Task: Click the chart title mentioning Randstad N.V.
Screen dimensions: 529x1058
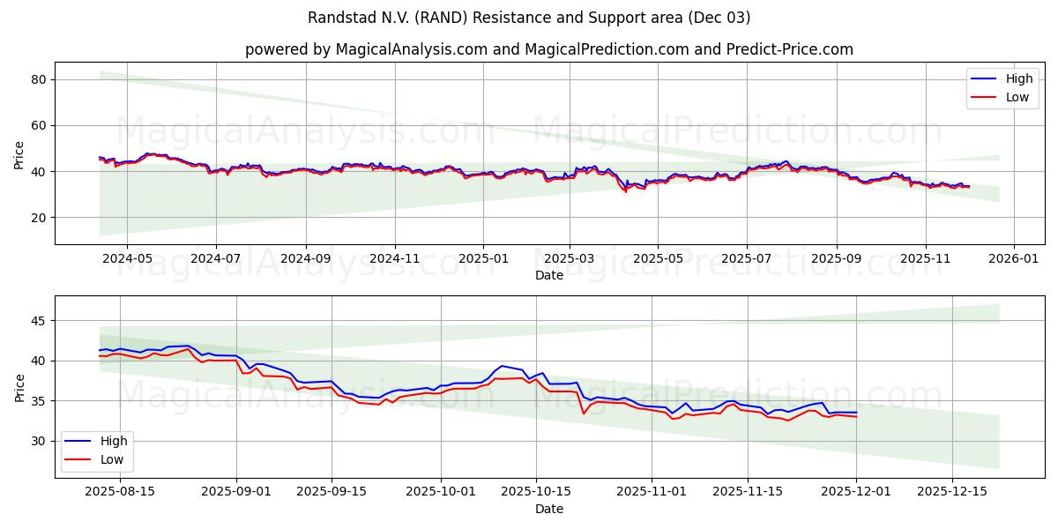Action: [529, 18]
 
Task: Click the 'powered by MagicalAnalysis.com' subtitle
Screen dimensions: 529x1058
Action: [548, 49]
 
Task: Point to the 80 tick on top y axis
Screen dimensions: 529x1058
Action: [38, 79]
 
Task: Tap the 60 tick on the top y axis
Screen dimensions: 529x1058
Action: [38, 125]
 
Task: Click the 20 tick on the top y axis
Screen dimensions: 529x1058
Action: [38, 217]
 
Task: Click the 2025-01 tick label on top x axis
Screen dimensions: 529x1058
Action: [482, 259]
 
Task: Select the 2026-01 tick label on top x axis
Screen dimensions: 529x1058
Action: [1014, 259]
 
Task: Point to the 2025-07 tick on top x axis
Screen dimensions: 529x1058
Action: [747, 259]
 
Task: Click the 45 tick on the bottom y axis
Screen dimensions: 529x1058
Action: [38, 321]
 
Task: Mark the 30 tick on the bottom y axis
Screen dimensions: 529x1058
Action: [38, 441]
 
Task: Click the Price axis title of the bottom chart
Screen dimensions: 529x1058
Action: [19, 386]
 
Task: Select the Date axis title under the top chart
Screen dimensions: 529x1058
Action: [548, 275]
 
